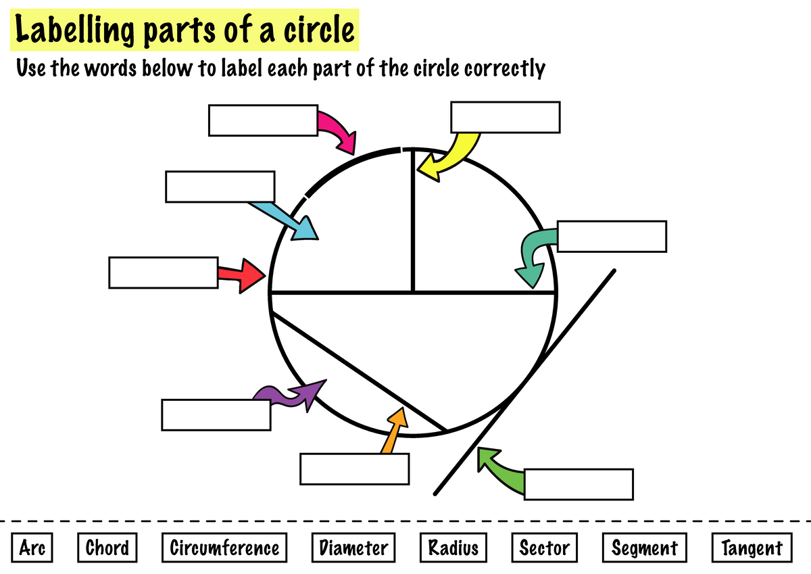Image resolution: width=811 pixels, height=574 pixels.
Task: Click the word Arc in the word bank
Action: click(32, 547)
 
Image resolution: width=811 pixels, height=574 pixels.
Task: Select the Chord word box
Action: click(107, 547)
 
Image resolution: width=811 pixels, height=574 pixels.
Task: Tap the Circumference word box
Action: click(224, 547)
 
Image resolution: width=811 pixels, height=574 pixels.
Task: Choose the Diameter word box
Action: click(353, 547)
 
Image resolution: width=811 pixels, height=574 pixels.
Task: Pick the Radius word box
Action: click(453, 547)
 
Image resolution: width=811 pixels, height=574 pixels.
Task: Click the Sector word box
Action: click(544, 547)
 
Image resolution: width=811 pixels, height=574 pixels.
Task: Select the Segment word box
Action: click(644, 547)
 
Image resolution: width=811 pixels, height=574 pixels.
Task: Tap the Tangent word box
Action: click(752, 547)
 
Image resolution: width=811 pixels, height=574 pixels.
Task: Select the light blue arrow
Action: click(287, 218)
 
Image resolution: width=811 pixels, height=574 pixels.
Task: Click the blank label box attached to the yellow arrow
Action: click(505, 117)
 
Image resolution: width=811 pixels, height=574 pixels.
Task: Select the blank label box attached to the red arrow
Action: click(163, 272)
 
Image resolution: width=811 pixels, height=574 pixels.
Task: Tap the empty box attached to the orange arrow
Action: click(354, 469)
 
